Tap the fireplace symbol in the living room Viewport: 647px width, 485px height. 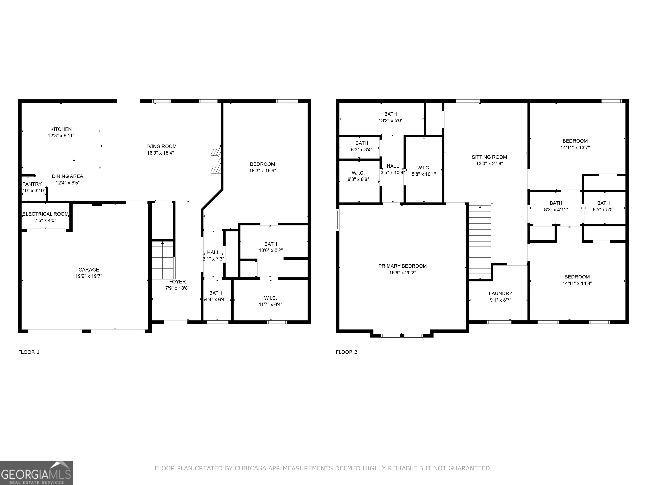pyautogui.click(x=216, y=161)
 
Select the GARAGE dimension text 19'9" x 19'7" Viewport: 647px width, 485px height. pyautogui.click(x=89, y=276)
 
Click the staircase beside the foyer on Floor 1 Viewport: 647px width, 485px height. pyautogui.click(x=162, y=260)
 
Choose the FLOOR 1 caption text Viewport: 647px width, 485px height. pyautogui.click(x=29, y=352)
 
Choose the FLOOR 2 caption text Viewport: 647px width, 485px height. pyautogui.click(x=346, y=352)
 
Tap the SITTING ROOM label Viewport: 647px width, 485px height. pyautogui.click(x=489, y=157)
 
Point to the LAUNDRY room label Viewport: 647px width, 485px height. pyautogui.click(x=500, y=293)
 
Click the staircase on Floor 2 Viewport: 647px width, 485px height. pyautogui.click(x=480, y=243)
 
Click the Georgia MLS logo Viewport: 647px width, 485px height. pyautogui.click(x=36, y=473)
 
